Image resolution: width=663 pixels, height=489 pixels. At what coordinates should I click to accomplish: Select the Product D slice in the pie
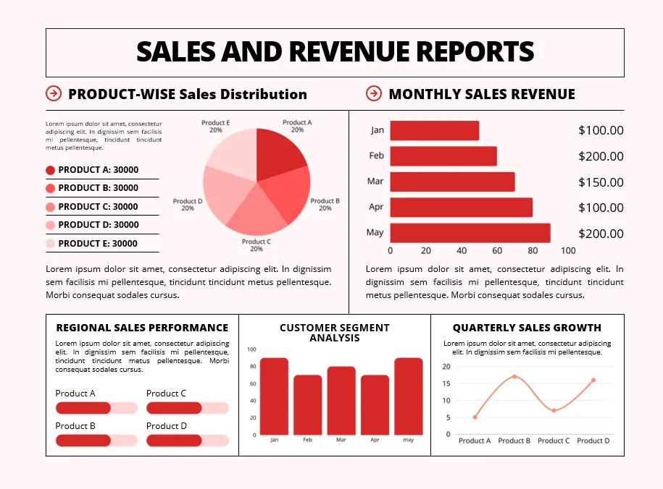(226, 195)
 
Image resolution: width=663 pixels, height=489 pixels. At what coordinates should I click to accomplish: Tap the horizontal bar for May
(470, 233)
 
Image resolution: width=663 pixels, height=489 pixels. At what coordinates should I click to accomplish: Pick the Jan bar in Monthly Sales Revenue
(434, 130)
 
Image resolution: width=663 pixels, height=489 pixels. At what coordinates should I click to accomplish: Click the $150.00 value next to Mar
(601, 182)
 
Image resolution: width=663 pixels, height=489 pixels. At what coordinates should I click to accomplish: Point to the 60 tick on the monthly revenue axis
(497, 251)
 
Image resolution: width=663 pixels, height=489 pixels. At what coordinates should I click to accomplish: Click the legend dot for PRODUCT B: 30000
(50, 188)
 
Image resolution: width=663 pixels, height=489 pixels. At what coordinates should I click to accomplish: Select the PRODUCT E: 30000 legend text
(98, 244)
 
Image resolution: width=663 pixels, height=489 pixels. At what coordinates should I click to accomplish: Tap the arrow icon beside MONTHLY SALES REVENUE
(374, 93)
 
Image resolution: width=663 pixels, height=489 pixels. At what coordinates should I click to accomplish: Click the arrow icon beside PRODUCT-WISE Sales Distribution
(54, 93)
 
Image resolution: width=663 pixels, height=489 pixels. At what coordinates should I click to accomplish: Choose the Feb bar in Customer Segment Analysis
(307, 404)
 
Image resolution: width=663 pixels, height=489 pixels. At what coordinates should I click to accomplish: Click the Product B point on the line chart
(514, 377)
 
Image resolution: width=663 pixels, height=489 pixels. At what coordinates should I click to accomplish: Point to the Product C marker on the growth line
(554, 411)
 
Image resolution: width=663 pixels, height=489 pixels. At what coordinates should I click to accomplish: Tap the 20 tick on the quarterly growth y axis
(446, 367)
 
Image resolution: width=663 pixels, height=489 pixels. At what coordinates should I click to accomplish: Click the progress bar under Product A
(96, 408)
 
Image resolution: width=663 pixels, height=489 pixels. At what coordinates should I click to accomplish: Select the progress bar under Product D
(187, 441)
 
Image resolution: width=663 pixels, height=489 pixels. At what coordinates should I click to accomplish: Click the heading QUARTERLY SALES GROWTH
(527, 328)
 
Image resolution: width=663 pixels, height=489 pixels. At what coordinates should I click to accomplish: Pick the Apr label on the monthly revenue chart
(375, 208)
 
